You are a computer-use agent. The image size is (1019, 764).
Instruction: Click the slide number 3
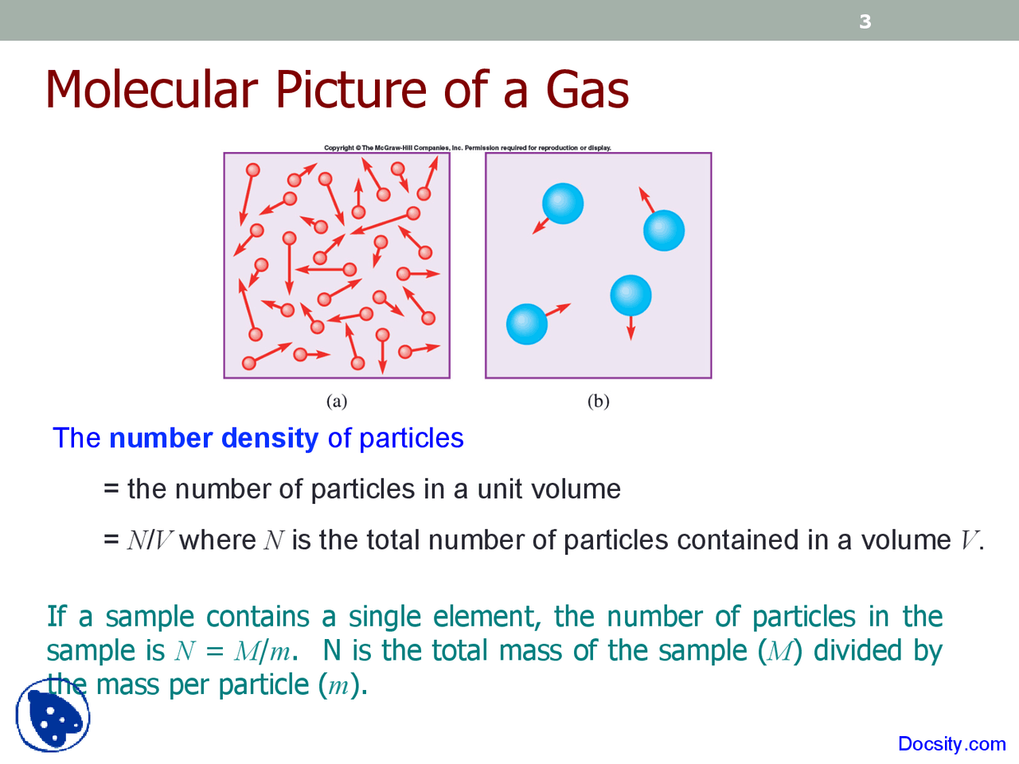pos(865,21)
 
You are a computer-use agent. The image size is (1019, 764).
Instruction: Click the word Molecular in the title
pos(151,89)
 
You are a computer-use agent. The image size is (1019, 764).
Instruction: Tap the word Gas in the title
pos(588,89)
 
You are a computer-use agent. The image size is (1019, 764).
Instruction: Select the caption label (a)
pos(337,401)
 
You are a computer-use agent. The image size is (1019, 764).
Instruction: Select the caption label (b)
pos(598,401)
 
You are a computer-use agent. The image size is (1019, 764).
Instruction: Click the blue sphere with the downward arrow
pos(631,295)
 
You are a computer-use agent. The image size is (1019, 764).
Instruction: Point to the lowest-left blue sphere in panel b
pos(527,324)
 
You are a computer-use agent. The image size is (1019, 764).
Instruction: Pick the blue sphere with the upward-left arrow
pos(664,231)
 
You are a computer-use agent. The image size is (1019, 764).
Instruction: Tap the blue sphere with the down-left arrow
pos(563,204)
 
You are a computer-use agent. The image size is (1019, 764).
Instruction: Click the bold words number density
pos(213,439)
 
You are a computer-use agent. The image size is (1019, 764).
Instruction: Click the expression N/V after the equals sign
pos(150,540)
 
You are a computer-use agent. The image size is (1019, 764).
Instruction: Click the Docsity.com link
pos(951,744)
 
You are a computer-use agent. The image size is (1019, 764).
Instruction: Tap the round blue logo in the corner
pos(53,715)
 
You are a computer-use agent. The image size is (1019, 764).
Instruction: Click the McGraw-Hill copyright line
pos(467,148)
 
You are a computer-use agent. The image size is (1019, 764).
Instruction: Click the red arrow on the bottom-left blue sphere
pos(559,310)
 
